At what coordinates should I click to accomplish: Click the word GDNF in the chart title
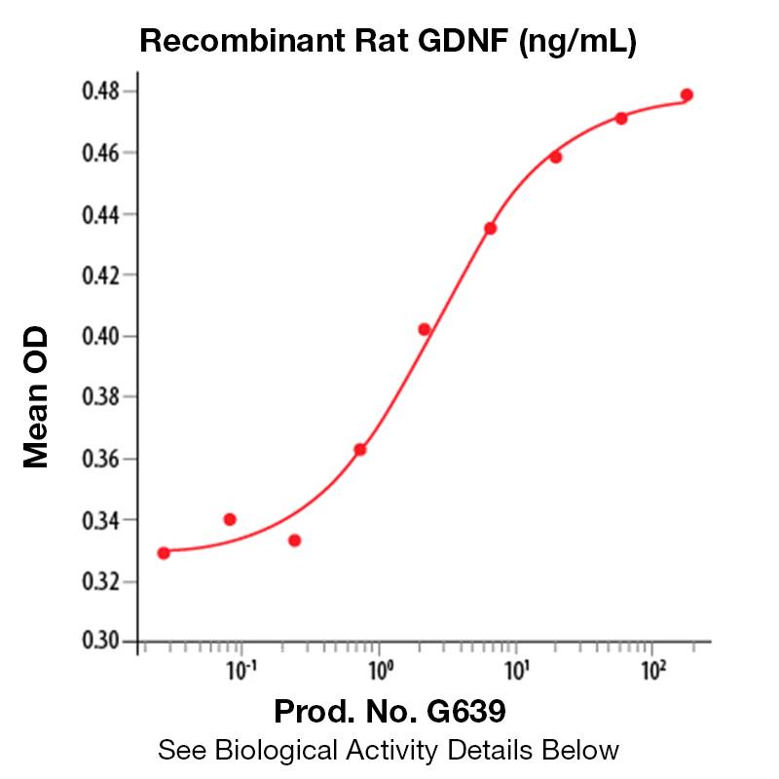[466, 41]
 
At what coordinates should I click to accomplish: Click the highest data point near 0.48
[686, 94]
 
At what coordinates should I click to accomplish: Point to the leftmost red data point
[164, 553]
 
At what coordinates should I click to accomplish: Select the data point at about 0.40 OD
[425, 329]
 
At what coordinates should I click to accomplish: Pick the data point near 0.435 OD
[491, 228]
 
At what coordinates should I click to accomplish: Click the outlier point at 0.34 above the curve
[230, 519]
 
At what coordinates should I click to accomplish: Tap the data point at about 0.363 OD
[360, 449]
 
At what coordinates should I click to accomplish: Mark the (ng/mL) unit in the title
[578, 41]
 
